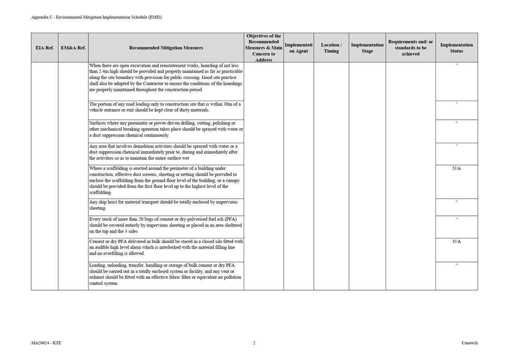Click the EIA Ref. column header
coord(44,48)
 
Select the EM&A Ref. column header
coord(73,48)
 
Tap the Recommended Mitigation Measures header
coord(166,48)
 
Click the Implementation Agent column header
coord(299,48)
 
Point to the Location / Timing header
coord(331,48)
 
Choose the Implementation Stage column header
coord(367,48)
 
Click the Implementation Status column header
coord(456,48)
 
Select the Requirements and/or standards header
coord(411,48)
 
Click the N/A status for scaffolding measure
coord(456,169)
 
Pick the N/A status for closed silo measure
coord(456,242)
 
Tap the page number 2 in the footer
coord(254,343)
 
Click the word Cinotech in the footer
coord(470,343)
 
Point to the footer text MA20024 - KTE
coord(46,343)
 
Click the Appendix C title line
coord(96,17)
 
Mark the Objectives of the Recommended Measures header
coord(264,48)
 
